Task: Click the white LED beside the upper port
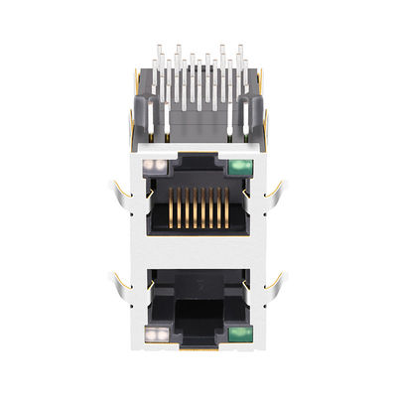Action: point(155,166)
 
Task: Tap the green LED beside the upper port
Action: point(240,166)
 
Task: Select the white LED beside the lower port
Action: point(155,332)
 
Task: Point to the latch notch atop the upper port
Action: point(198,157)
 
